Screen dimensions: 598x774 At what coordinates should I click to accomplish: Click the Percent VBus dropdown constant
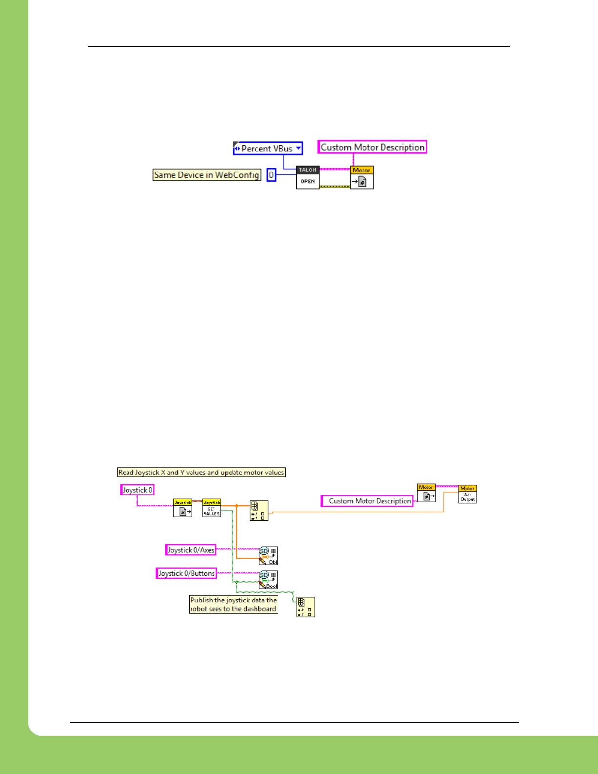pyautogui.click(x=268, y=148)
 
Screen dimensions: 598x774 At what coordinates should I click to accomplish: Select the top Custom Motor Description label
pyautogui.click(x=372, y=147)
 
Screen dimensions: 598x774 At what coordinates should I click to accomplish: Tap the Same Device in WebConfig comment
pyautogui.click(x=207, y=175)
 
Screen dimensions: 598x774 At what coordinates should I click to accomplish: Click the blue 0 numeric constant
pyautogui.click(x=271, y=175)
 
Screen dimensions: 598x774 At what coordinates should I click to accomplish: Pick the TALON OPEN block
pyautogui.click(x=307, y=177)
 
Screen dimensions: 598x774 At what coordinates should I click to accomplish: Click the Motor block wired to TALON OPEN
pyautogui.click(x=362, y=177)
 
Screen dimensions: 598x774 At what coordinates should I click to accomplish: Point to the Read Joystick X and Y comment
pyautogui.click(x=201, y=473)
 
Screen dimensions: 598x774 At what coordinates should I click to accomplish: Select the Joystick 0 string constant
pyautogui.click(x=137, y=490)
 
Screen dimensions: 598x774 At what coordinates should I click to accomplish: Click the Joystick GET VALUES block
pyautogui.click(x=212, y=508)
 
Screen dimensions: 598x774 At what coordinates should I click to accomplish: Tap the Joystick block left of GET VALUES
pyautogui.click(x=183, y=508)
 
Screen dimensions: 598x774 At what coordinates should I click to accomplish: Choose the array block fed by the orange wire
pyautogui.click(x=258, y=511)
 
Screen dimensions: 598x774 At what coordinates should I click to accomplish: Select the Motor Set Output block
pyautogui.click(x=468, y=494)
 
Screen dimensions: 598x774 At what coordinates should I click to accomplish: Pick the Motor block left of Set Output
pyautogui.click(x=426, y=493)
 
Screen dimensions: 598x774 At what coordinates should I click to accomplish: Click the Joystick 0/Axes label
pyautogui.click(x=191, y=550)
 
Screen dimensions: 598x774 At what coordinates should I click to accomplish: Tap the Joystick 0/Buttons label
pyautogui.click(x=186, y=573)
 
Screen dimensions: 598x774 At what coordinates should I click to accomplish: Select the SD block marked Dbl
pyautogui.click(x=268, y=556)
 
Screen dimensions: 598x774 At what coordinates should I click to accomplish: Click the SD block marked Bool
pyautogui.click(x=268, y=580)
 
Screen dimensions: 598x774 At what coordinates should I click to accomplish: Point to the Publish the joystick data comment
pyautogui.click(x=234, y=604)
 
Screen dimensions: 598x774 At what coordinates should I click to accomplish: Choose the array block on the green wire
pyautogui.click(x=305, y=607)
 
